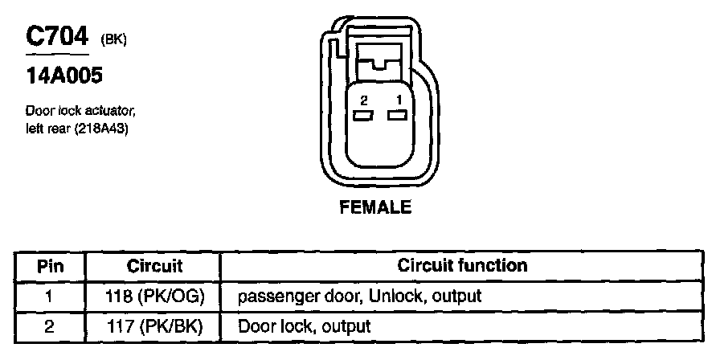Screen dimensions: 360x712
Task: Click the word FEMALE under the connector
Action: (376, 207)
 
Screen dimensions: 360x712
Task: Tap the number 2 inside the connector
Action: (364, 100)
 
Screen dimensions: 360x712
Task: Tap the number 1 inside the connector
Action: (396, 100)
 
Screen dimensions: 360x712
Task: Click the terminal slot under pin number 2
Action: (364, 116)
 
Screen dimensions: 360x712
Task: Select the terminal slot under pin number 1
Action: (396, 116)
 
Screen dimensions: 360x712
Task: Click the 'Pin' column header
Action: (49, 265)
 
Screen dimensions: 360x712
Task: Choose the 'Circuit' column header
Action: (155, 265)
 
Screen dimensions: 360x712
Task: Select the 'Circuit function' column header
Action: (463, 265)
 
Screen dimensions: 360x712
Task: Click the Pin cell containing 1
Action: (49, 296)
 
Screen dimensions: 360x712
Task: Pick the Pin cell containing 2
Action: (49, 326)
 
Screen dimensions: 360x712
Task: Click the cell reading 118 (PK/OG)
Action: (155, 296)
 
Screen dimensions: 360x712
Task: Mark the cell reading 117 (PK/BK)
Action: (155, 326)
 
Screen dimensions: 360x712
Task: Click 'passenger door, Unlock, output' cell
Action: (359, 296)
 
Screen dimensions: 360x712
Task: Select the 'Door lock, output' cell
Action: (305, 326)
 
